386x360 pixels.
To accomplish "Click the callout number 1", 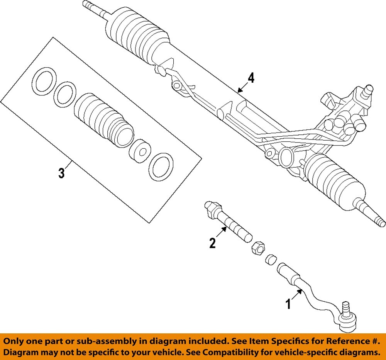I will (x=288, y=304).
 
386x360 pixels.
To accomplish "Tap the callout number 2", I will (x=212, y=243).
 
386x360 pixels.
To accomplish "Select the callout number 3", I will (x=62, y=173).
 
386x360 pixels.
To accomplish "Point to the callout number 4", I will (x=251, y=78).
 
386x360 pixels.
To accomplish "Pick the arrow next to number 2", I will (x=222, y=233).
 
